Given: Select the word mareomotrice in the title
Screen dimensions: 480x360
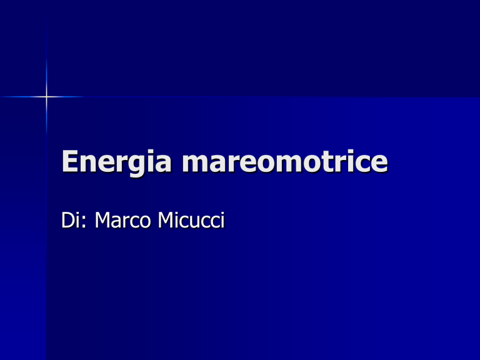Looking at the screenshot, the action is pos(285,161).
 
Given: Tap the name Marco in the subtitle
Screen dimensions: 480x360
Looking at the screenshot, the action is pos(122,220).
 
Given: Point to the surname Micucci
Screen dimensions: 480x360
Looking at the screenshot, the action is pos(191,220).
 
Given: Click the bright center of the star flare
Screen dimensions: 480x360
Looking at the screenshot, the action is pos(46,97).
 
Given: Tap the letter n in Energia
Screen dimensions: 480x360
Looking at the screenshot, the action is pos(90,164).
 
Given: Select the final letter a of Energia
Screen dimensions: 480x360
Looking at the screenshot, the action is pos(162,164).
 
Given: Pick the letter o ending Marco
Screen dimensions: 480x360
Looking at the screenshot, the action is pos(145,222).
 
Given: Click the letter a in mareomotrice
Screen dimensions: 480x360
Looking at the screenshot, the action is pos(219,164).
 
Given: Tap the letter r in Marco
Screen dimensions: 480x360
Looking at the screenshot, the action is pos(126,222).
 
